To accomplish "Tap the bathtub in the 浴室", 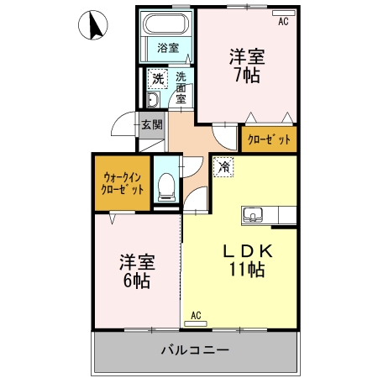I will coord(167,25).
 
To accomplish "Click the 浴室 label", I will coord(167,48).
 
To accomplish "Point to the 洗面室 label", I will coord(181,86).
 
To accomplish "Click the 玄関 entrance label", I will coord(151,125).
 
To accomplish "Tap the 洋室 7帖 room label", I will coord(246,66).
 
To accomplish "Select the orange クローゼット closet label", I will coord(269,139).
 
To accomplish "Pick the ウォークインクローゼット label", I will coord(123,183).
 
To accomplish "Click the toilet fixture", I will coord(166,183).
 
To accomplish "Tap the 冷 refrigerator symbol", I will coord(223,167).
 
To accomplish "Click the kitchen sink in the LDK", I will coord(254,215).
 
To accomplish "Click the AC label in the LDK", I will coord(196,316).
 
